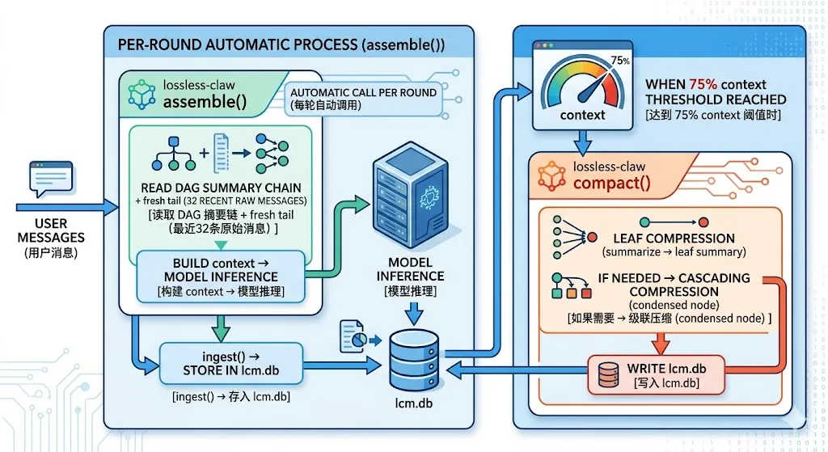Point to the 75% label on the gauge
click(x=620, y=61)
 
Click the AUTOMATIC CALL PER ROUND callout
click(x=363, y=99)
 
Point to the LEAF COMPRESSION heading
click(x=674, y=239)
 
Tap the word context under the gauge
click(x=582, y=115)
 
